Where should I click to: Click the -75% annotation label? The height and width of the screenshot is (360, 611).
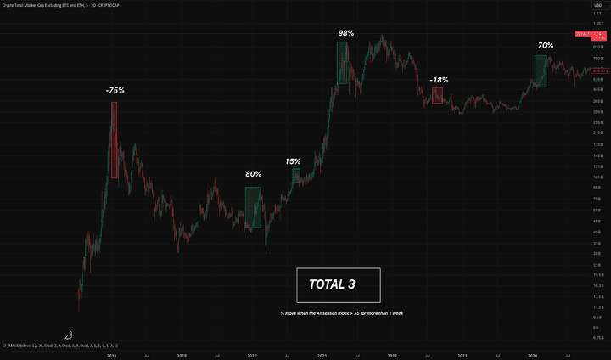pyautogui.click(x=116, y=90)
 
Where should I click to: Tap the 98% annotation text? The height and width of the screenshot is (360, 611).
pyautogui.click(x=345, y=33)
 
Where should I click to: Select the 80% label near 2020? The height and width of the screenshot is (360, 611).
pyautogui.click(x=253, y=174)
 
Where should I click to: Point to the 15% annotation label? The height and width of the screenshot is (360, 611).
pyautogui.click(x=293, y=161)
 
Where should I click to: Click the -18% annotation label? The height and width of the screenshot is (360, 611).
pyautogui.click(x=439, y=80)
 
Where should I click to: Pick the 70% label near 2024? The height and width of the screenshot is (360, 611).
pyautogui.click(x=545, y=45)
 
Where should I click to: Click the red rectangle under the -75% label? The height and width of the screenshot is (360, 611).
pyautogui.click(x=114, y=139)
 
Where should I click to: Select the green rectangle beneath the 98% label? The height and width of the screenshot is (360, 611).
pyautogui.click(x=342, y=64)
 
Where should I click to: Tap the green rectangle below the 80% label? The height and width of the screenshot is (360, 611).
pyautogui.click(x=252, y=207)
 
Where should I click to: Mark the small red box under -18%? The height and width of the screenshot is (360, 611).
pyautogui.click(x=437, y=96)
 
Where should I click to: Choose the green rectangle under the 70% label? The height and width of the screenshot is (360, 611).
pyautogui.click(x=541, y=71)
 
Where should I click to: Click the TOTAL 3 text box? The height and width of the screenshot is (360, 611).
pyautogui.click(x=339, y=285)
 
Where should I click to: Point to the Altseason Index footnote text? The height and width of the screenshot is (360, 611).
pyautogui.click(x=341, y=313)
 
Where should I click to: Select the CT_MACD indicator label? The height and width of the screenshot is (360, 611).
pyautogui.click(x=59, y=346)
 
